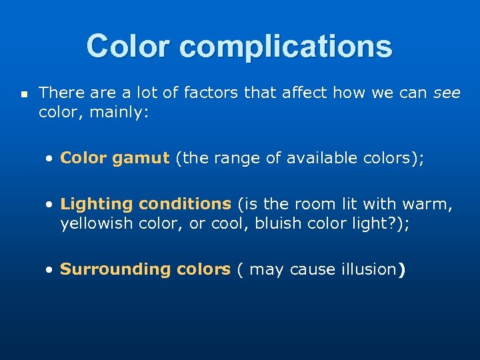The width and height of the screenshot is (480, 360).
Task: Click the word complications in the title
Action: tap(286, 47)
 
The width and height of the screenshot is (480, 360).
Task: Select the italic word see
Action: tap(447, 93)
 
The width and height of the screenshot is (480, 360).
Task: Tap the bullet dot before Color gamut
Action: tap(51, 159)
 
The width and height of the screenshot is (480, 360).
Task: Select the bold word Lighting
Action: tap(91, 204)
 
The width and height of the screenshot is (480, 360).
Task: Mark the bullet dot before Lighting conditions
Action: tap(51, 204)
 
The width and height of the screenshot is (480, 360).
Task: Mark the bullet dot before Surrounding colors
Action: tap(51, 269)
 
